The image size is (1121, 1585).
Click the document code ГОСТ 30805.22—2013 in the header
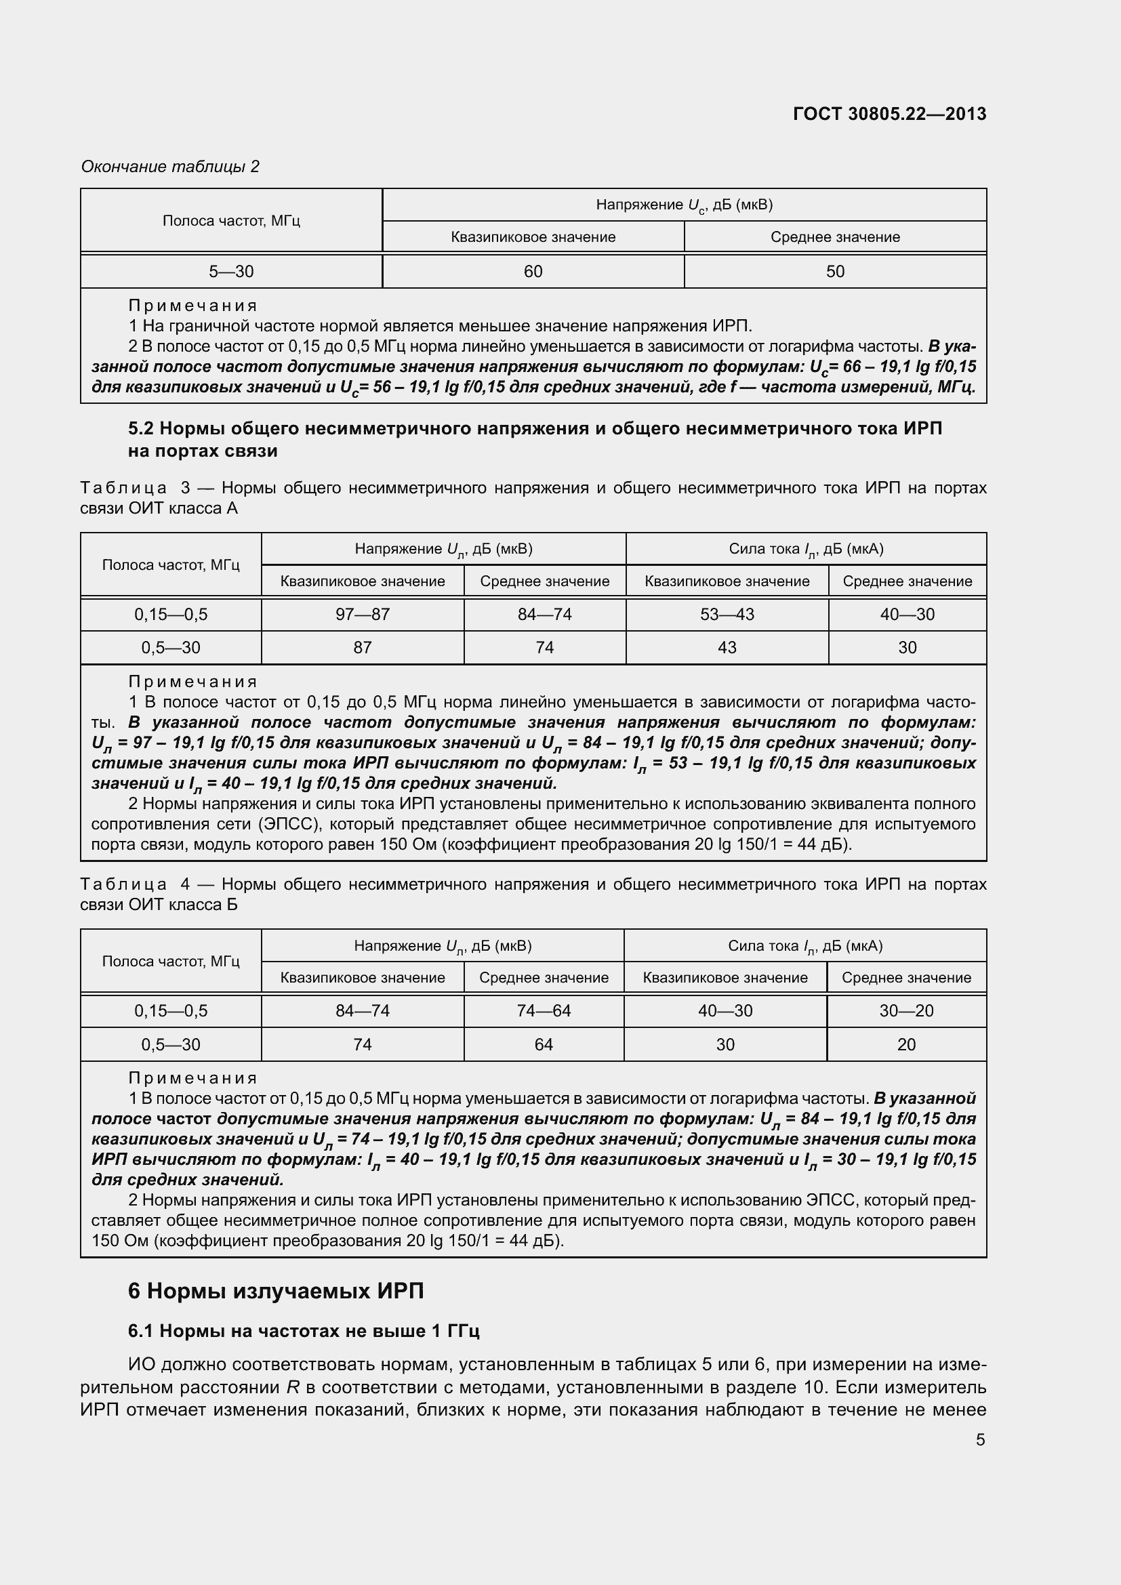click(889, 114)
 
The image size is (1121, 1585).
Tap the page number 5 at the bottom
click(980, 1439)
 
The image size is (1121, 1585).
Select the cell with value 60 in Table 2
click(533, 271)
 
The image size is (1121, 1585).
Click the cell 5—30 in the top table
click(231, 271)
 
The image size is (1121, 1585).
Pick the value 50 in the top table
click(834, 271)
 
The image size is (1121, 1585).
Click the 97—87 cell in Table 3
click(363, 615)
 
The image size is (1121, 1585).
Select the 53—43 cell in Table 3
click(727, 615)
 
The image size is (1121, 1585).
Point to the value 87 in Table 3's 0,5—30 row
click(363, 648)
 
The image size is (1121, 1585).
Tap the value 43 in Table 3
click(727, 648)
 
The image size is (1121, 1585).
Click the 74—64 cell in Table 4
click(544, 1010)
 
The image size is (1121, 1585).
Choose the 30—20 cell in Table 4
click(905, 1010)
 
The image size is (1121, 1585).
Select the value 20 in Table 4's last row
click(905, 1044)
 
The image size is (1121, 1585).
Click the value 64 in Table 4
click(544, 1044)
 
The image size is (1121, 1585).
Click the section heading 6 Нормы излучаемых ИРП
click(275, 1290)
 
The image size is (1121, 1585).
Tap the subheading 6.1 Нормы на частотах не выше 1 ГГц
click(303, 1330)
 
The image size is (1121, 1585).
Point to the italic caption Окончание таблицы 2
click(170, 167)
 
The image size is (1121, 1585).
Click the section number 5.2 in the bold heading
click(141, 429)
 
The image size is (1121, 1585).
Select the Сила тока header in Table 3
click(806, 549)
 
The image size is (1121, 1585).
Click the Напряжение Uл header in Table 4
click(443, 946)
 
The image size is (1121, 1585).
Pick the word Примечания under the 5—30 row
click(192, 305)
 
